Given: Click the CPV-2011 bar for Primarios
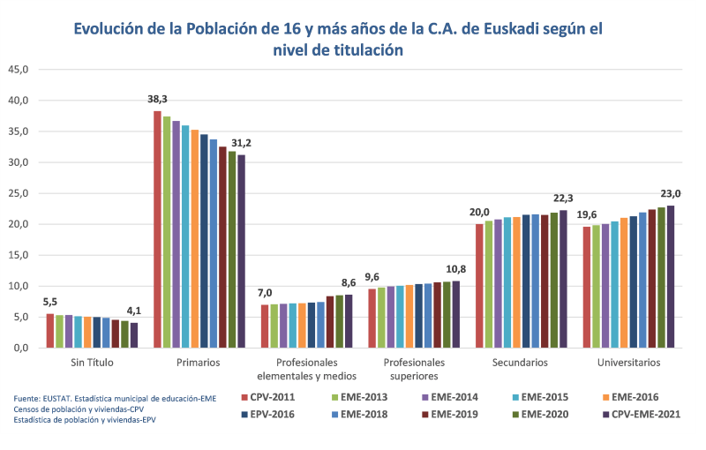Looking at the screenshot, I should [x=158, y=229].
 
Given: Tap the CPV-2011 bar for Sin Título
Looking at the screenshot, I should [x=50, y=331].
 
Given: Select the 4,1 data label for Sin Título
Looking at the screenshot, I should [x=134, y=311].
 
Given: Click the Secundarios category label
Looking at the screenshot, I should [x=521, y=363].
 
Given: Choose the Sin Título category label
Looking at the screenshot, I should [x=92, y=363].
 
